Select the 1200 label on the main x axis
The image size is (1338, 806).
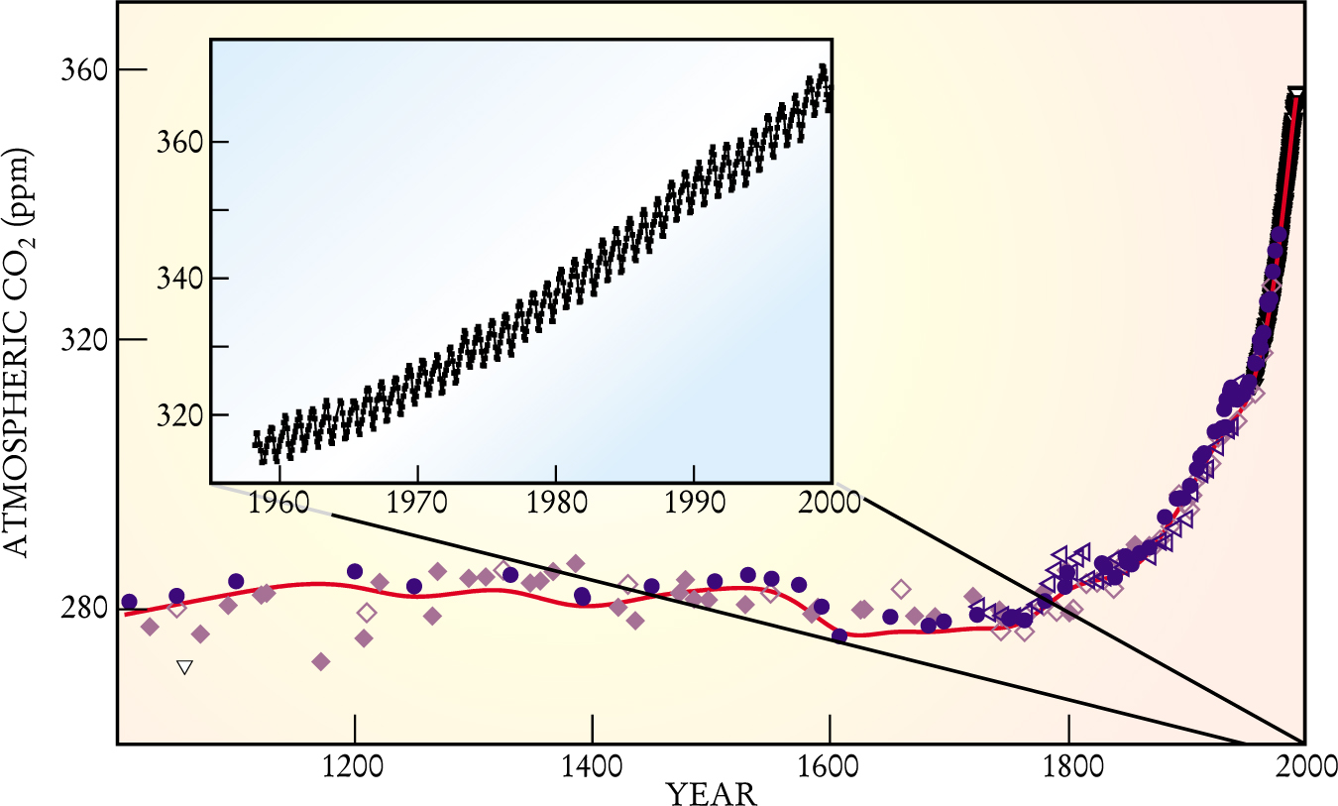point(354,767)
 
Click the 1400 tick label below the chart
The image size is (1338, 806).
point(592,767)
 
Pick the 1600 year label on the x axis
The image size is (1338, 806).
point(830,767)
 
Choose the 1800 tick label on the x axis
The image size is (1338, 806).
point(1067,767)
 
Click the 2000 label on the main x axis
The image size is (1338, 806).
point(1304,767)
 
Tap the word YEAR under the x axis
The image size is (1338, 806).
point(711,793)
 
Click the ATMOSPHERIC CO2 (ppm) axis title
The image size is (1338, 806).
point(20,367)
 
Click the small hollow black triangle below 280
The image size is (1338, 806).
point(183,667)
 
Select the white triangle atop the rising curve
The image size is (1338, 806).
point(1294,94)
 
